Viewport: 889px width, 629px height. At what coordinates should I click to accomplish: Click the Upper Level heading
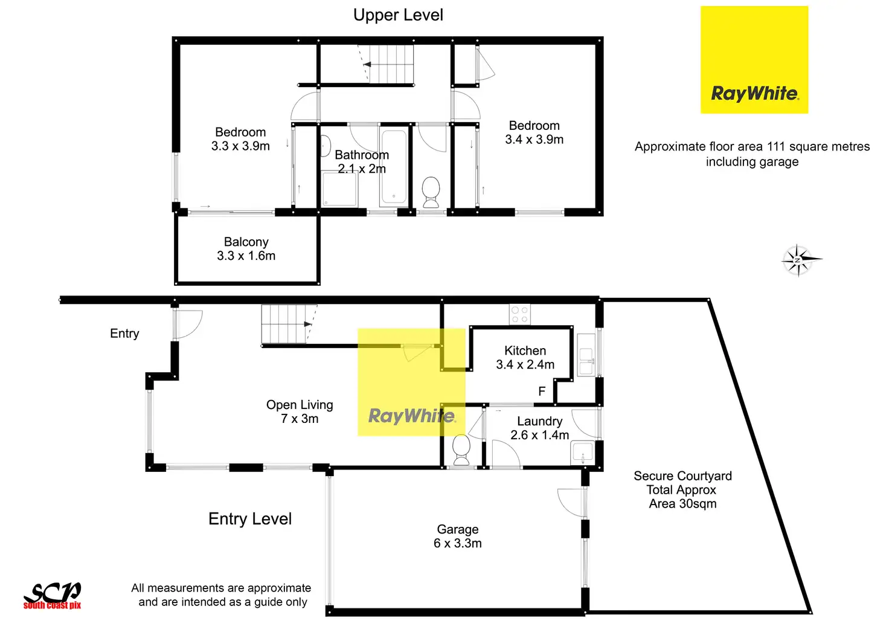coord(398,15)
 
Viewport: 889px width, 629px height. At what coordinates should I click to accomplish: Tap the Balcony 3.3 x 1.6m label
coord(246,248)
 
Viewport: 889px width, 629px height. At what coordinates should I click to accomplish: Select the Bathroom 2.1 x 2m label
coord(362,161)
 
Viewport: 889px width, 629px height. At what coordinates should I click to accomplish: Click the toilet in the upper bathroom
coord(431,192)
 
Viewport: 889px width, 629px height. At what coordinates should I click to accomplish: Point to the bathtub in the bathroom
coord(394,166)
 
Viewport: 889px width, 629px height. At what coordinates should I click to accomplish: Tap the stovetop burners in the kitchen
coord(519,314)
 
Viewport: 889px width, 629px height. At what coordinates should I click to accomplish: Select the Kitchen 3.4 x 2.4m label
coord(525,357)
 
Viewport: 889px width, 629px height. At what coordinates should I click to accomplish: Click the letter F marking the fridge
coord(542,392)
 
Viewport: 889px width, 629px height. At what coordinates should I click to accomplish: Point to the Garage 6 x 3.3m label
coord(458,536)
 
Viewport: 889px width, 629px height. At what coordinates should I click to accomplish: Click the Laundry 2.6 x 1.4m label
coord(540,428)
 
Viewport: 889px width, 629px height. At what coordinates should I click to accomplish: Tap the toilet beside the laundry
coord(461,450)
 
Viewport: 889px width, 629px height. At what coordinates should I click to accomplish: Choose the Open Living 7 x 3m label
coord(300,411)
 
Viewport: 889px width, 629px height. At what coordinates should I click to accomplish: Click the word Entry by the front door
coord(124,334)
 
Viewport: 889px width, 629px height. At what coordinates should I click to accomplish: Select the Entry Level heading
coord(250,518)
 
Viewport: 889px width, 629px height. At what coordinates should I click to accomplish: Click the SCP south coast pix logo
coord(53,595)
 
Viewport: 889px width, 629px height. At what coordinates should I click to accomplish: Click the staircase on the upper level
coord(386,64)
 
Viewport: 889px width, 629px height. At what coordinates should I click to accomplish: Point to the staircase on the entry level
coord(289,324)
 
